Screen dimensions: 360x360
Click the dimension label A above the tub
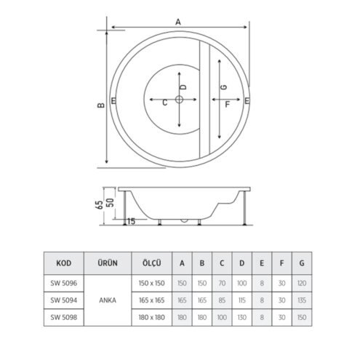[178, 22]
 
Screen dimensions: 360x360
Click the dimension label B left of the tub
[101, 105]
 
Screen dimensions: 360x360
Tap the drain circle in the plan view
[179, 99]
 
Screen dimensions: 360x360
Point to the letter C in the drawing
[164, 103]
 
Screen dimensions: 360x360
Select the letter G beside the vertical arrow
[224, 87]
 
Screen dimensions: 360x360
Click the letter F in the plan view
[227, 105]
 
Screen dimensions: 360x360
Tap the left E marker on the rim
[113, 100]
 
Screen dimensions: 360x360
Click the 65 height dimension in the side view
[99, 205]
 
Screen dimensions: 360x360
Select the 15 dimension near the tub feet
[131, 221]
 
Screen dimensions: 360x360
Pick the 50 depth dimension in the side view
[111, 203]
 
